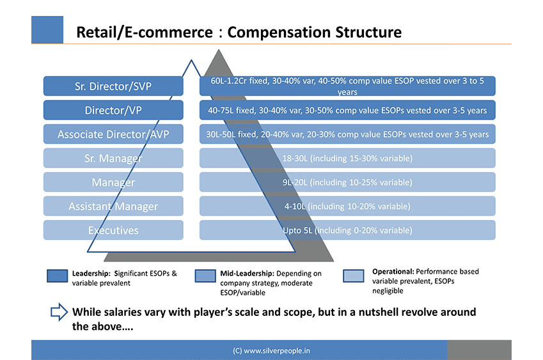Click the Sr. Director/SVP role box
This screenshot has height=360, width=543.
113,86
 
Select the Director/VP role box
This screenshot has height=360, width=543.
113,110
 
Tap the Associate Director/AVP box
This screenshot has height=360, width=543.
113,134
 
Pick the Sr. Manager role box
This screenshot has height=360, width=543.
113,158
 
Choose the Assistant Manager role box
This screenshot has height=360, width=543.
113,206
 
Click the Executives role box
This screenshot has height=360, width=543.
113,230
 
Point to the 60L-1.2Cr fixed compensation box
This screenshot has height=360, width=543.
347,86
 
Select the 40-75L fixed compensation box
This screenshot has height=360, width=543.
347,110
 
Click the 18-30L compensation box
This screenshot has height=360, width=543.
347,158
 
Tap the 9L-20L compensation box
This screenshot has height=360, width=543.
347,182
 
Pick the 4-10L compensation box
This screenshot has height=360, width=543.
347,206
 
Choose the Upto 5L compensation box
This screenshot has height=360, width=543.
347,230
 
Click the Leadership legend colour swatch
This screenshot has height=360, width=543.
58,276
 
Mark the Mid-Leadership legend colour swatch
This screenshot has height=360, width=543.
205,276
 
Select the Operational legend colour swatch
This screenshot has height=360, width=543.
354,276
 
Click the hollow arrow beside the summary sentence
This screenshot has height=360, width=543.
59,312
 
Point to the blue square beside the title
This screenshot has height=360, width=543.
47,29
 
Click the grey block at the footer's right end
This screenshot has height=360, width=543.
479,350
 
